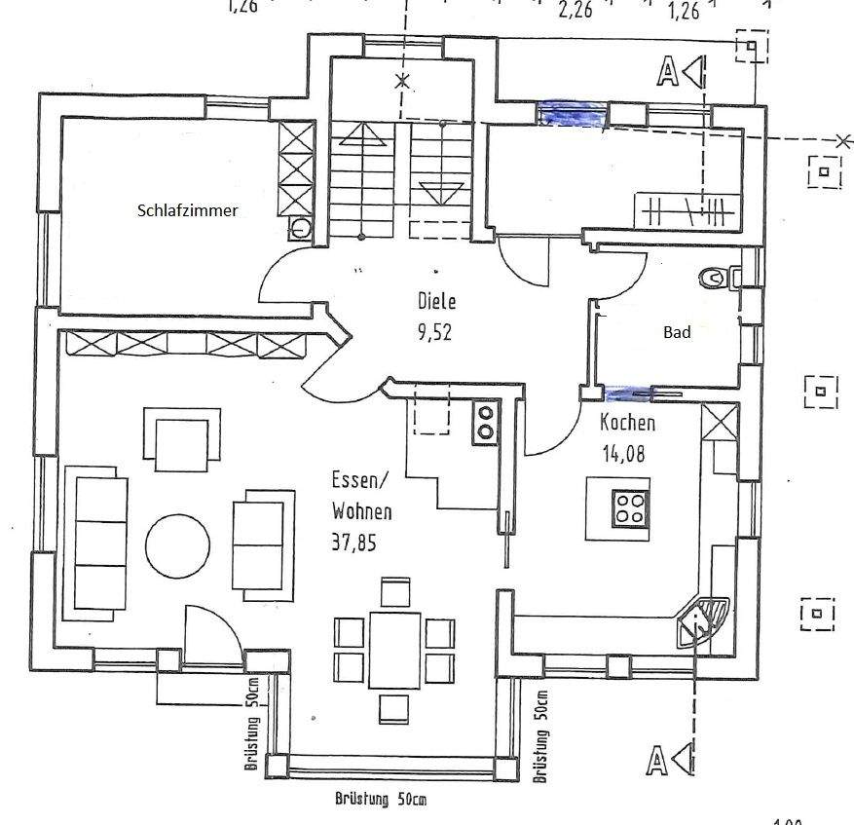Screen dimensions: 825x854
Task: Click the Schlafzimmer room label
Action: click(x=187, y=209)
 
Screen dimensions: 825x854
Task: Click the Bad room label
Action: click(x=677, y=332)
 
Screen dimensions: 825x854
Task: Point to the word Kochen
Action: click(x=627, y=423)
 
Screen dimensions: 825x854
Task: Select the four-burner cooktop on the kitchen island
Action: click(x=630, y=506)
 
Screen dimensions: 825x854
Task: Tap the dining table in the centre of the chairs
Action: click(x=394, y=649)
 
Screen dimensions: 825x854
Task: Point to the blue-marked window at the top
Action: click(x=574, y=115)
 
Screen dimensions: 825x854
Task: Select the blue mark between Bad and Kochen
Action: click(x=628, y=394)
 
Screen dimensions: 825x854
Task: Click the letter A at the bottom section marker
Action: click(x=657, y=760)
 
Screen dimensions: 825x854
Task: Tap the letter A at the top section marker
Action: click(x=668, y=71)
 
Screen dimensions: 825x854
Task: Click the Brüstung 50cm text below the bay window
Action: click(x=381, y=801)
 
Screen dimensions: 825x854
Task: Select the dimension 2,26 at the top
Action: click(x=576, y=11)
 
